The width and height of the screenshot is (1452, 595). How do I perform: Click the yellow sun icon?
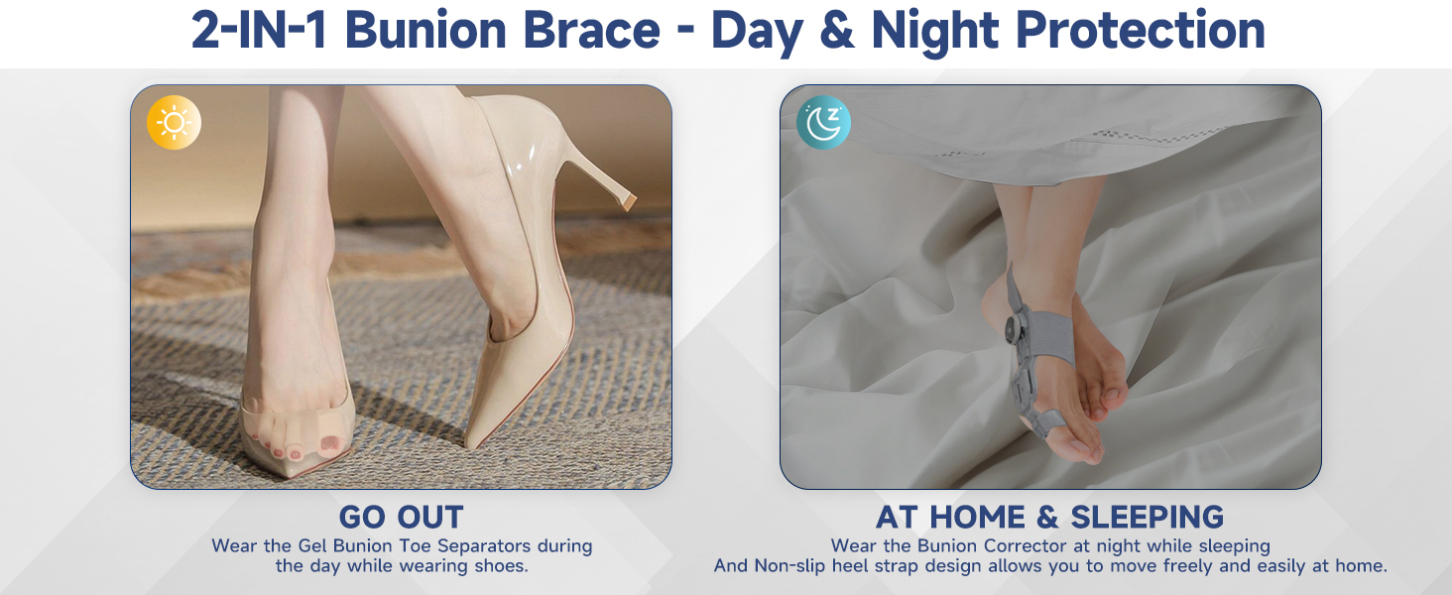click(x=174, y=123)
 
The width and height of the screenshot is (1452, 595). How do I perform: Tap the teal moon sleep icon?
click(x=823, y=123)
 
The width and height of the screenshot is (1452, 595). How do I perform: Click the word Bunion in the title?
click(x=425, y=31)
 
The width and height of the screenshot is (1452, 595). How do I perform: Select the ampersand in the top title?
click(x=837, y=31)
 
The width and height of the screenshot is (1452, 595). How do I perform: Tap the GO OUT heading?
click(x=402, y=518)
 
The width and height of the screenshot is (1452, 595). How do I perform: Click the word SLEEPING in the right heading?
click(x=1147, y=518)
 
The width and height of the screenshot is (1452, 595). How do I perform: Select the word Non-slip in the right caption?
click(x=789, y=566)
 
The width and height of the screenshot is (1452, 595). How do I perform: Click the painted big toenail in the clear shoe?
click(x=330, y=443)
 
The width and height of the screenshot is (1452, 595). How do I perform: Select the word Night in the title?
click(x=934, y=31)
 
